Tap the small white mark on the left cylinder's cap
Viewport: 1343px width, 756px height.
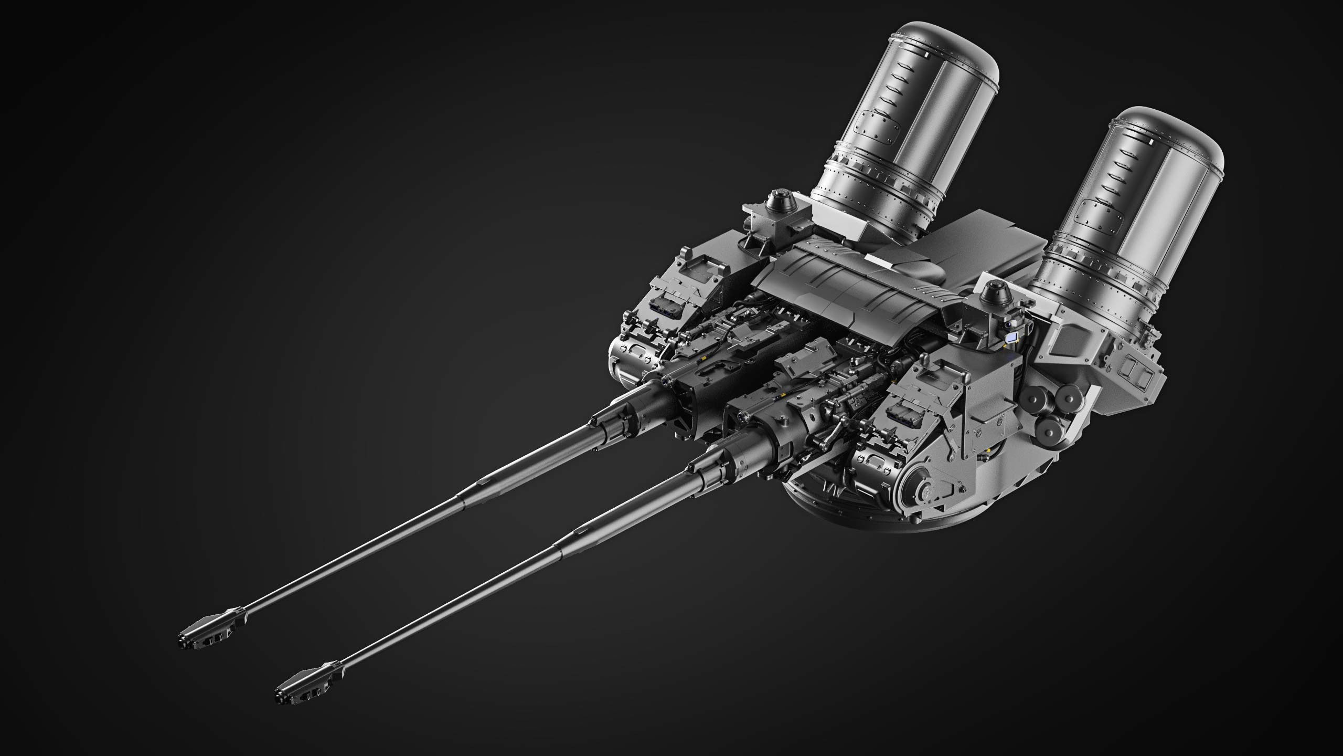pos(926,53)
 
